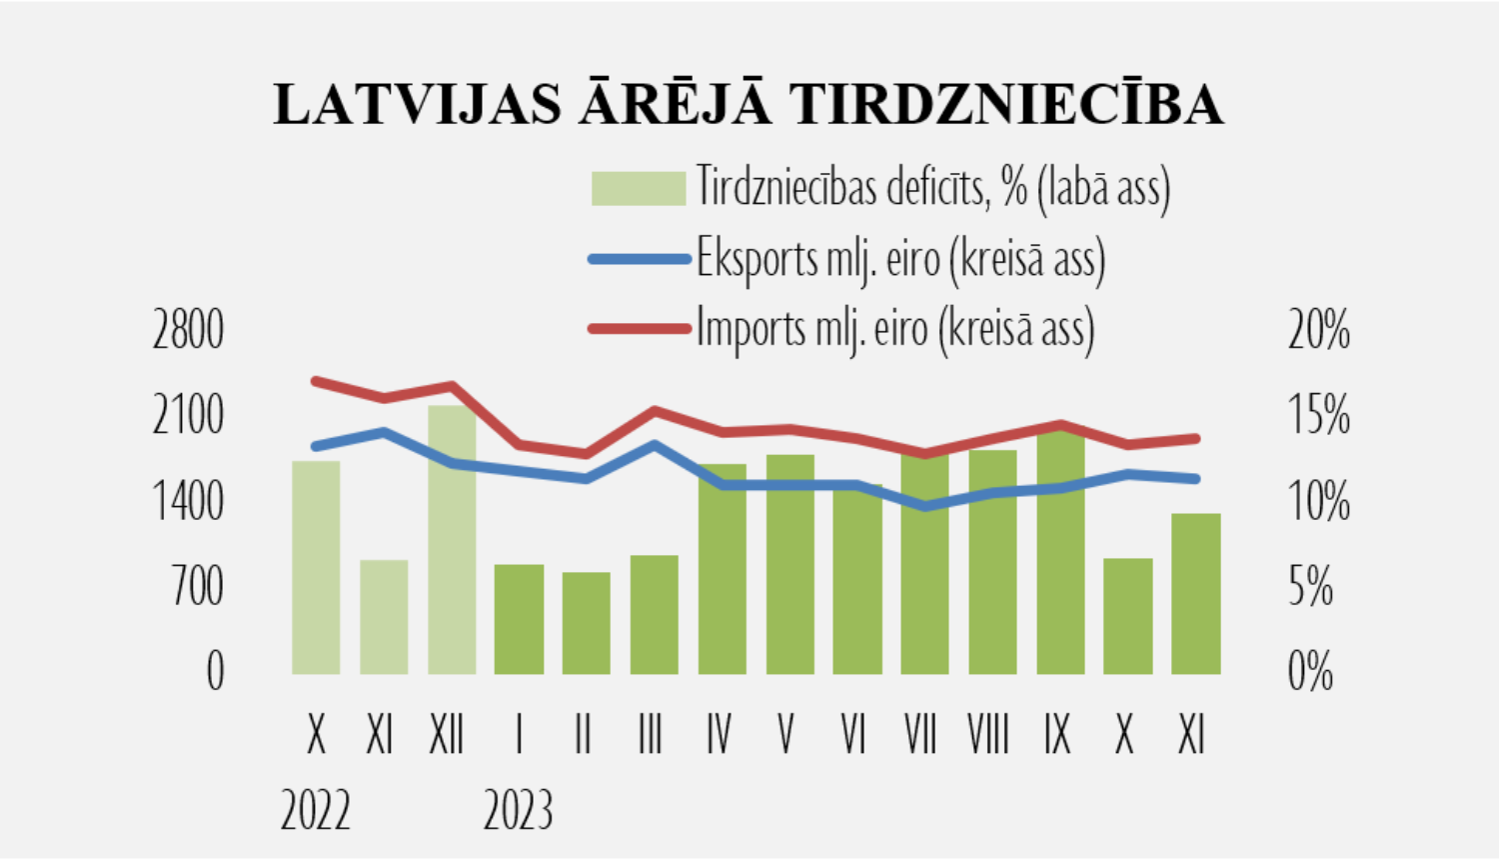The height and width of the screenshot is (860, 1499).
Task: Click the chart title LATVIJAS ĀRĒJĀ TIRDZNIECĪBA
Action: tap(749, 104)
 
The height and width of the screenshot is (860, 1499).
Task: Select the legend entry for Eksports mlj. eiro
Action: tap(899, 259)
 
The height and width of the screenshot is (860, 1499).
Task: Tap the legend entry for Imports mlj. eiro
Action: tap(894, 328)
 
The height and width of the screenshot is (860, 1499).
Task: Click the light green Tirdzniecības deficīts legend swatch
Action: tap(638, 188)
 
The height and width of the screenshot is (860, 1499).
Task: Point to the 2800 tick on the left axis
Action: tap(188, 330)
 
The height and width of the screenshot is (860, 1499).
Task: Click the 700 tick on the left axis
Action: tap(198, 587)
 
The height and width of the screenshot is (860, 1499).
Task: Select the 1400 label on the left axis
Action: tap(188, 501)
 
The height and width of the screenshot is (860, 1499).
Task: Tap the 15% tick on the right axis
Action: tap(1318, 415)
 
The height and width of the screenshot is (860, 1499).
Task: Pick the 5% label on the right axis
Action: tap(1310, 587)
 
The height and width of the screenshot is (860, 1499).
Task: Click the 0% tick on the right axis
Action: tap(1310, 672)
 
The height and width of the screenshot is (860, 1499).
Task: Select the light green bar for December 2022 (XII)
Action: tap(452, 540)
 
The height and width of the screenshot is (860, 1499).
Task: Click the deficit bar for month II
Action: tap(587, 623)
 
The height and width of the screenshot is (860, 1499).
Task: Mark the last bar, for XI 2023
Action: tap(1196, 594)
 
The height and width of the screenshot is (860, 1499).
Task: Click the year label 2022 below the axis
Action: tap(315, 810)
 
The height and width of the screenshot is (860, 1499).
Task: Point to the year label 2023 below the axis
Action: tap(518, 810)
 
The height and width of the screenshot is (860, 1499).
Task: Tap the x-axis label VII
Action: tap(920, 736)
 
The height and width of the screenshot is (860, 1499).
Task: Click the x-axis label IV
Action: tap(719, 736)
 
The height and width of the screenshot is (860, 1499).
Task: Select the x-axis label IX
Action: tap(1057, 736)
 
